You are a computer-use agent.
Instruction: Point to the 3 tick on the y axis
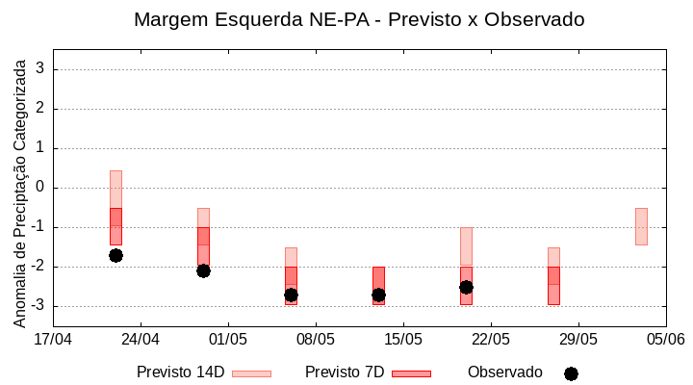(41, 69)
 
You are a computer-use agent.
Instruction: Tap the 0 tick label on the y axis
(41, 188)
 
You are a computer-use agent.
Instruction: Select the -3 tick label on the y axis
(38, 306)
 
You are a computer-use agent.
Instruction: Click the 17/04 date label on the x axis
(53, 339)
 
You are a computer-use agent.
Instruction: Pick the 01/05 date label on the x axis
(228, 339)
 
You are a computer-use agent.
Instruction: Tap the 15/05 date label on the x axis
(403, 339)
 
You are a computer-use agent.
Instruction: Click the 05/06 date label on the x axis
(665, 339)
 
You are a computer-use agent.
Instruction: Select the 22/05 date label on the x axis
(491, 339)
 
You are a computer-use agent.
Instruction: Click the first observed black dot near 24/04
(115, 255)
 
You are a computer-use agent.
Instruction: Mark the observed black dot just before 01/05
(203, 270)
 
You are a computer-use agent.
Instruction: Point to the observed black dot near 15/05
(378, 295)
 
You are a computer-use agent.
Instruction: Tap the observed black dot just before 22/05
(466, 287)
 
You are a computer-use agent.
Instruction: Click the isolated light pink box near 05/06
(641, 226)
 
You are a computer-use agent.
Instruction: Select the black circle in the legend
(571, 373)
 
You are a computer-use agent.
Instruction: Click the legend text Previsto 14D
(180, 372)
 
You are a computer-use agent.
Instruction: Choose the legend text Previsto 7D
(345, 372)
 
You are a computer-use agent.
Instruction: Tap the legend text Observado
(505, 372)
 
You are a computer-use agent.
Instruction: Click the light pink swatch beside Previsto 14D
(251, 373)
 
